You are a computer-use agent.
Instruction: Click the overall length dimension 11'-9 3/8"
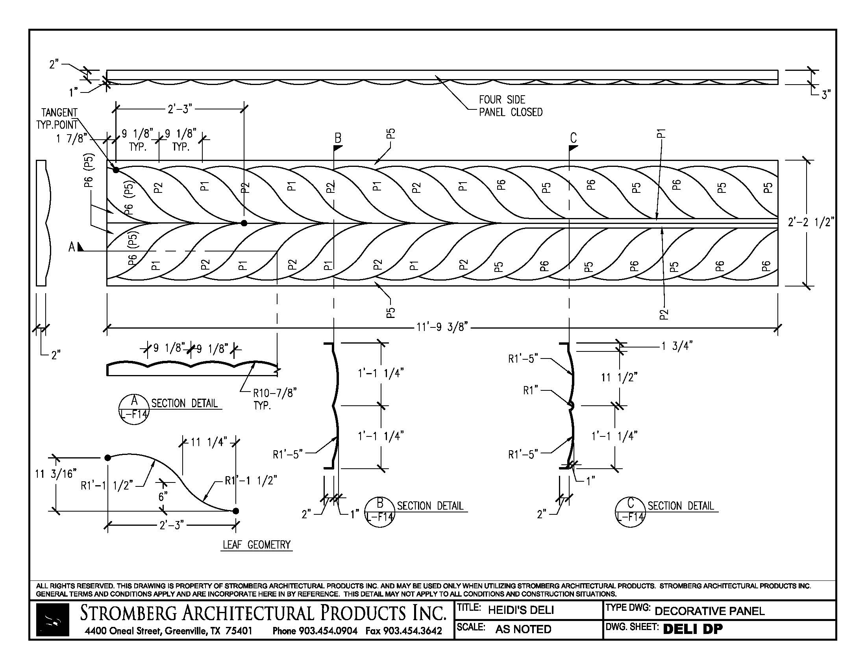(442, 327)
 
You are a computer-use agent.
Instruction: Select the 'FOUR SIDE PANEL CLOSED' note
(510, 106)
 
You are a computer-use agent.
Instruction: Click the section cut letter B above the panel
(338, 138)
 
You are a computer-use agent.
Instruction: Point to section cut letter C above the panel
(574, 138)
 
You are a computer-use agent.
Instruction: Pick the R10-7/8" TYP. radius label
(274, 399)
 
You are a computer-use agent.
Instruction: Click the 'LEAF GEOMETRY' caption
(257, 545)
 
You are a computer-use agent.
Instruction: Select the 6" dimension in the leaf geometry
(163, 496)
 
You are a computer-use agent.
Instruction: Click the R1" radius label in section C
(531, 391)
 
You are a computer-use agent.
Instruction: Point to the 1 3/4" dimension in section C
(676, 346)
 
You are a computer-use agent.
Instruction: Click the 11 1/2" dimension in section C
(619, 377)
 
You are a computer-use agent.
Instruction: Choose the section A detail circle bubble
(134, 409)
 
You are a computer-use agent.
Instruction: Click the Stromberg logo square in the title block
(52, 619)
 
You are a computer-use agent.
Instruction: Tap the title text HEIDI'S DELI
(521, 610)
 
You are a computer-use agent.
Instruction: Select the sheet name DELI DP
(692, 629)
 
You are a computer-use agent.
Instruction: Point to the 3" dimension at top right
(825, 95)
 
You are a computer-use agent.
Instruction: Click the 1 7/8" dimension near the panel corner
(71, 138)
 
